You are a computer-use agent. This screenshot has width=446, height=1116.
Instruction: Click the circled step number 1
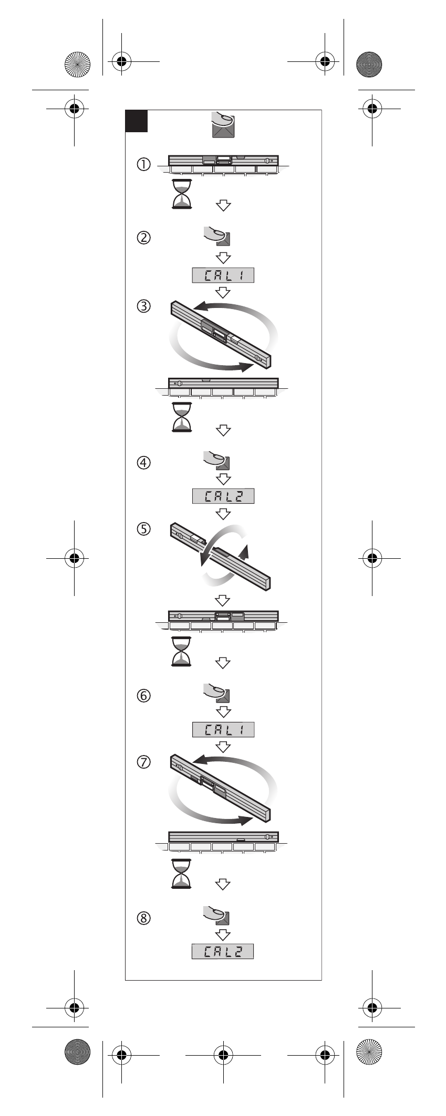coord(143,164)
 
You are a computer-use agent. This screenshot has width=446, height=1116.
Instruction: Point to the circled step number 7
coord(143,761)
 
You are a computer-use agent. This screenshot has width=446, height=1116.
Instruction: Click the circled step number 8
coord(143,918)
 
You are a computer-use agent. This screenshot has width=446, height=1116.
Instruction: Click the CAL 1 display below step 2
coord(223,275)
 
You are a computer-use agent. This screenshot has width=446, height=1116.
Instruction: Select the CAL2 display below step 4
coord(223,496)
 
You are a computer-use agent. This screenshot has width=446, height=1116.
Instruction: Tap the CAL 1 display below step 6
coord(223,729)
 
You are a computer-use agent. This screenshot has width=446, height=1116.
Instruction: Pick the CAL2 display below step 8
coord(223,951)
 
